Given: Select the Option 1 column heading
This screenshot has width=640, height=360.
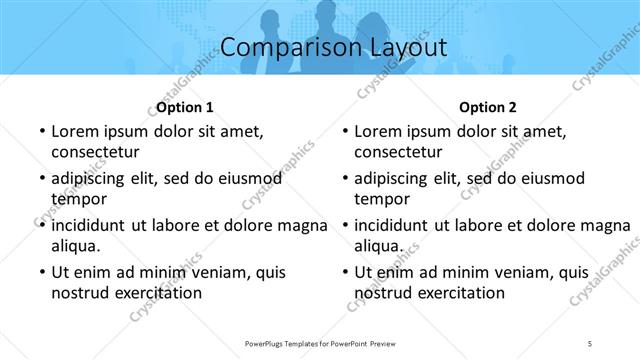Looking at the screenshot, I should pyautogui.click(x=185, y=107).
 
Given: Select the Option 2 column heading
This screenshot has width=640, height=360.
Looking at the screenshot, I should pyautogui.click(x=489, y=107).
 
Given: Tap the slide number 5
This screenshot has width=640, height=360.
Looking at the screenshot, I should pyautogui.click(x=591, y=343).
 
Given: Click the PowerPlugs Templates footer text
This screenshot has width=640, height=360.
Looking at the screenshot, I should pyautogui.click(x=320, y=343).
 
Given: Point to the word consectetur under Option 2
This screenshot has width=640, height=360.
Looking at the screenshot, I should pyautogui.click(x=399, y=152).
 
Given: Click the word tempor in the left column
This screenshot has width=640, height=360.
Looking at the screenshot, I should pyautogui.click(x=77, y=198).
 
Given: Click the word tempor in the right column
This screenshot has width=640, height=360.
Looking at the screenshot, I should pyautogui.click(x=381, y=198).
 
